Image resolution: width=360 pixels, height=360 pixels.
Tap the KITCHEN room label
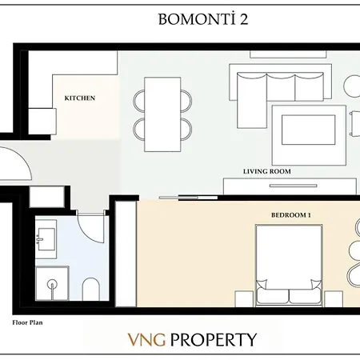(x=79, y=98)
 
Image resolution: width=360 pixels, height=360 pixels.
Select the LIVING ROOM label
(x=267, y=171)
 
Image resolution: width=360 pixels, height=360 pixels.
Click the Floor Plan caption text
(x=27, y=325)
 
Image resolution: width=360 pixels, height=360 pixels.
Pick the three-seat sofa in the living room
(x=283, y=84)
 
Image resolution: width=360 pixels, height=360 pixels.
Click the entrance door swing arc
(x=18, y=164)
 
